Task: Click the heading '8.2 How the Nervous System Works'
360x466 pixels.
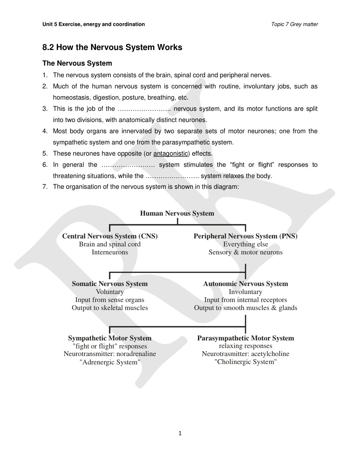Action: [112, 48]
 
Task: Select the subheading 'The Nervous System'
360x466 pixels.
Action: [77, 63]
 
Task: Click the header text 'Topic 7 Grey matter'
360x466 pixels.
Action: [294, 24]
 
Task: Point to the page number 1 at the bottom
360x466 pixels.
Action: [180, 433]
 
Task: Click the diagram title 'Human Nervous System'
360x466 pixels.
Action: [177, 213]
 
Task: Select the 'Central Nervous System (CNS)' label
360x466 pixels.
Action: [110, 236]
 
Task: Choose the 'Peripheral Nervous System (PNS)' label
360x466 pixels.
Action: [245, 236]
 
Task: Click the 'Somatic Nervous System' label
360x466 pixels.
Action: [110, 284]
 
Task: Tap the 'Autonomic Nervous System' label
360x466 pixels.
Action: [245, 284]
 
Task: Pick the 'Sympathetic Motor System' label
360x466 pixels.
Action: [110, 338]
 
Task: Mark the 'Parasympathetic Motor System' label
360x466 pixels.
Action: [245, 338]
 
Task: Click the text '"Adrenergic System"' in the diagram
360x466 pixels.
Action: [110, 362]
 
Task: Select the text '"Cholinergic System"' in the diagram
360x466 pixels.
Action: [245, 362]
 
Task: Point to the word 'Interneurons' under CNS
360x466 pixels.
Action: [110, 252]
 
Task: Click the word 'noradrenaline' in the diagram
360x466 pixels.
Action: [136, 354]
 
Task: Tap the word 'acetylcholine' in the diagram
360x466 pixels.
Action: [270, 354]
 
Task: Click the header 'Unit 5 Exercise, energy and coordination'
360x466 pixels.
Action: [94, 24]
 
